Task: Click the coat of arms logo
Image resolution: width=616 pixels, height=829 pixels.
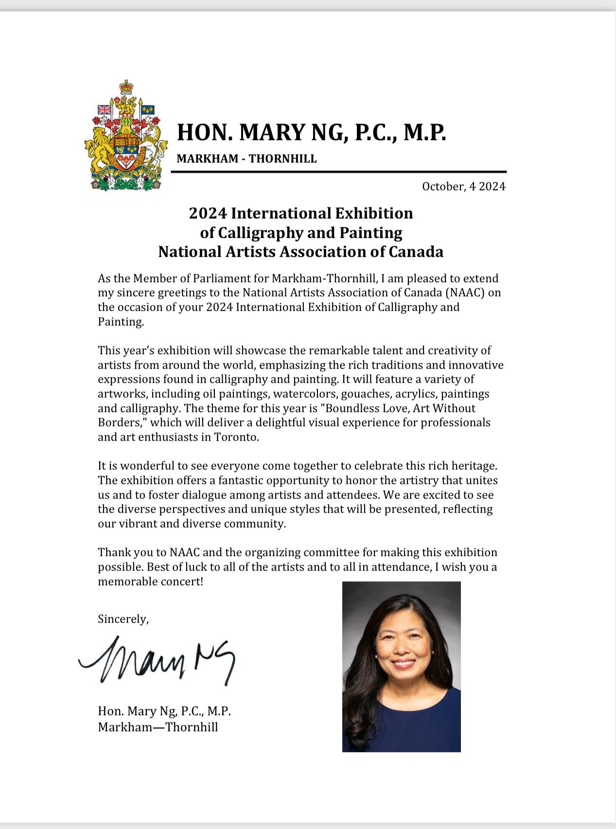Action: [x=126, y=136]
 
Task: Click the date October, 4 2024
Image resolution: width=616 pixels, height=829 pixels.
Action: [x=463, y=186]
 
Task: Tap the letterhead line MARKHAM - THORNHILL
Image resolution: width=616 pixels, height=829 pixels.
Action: [x=246, y=159]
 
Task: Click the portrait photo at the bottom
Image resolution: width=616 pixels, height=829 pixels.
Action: [x=401, y=667]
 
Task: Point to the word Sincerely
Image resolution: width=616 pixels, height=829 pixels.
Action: [x=123, y=619]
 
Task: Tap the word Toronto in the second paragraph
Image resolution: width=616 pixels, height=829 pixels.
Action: [x=236, y=437]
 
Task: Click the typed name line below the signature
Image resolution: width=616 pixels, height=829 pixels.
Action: [x=164, y=711]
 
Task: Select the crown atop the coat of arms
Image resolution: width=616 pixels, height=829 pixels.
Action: [x=126, y=88]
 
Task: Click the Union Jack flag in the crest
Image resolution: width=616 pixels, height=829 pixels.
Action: [x=105, y=110]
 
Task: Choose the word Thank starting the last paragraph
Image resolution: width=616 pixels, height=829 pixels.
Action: [x=115, y=552]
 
